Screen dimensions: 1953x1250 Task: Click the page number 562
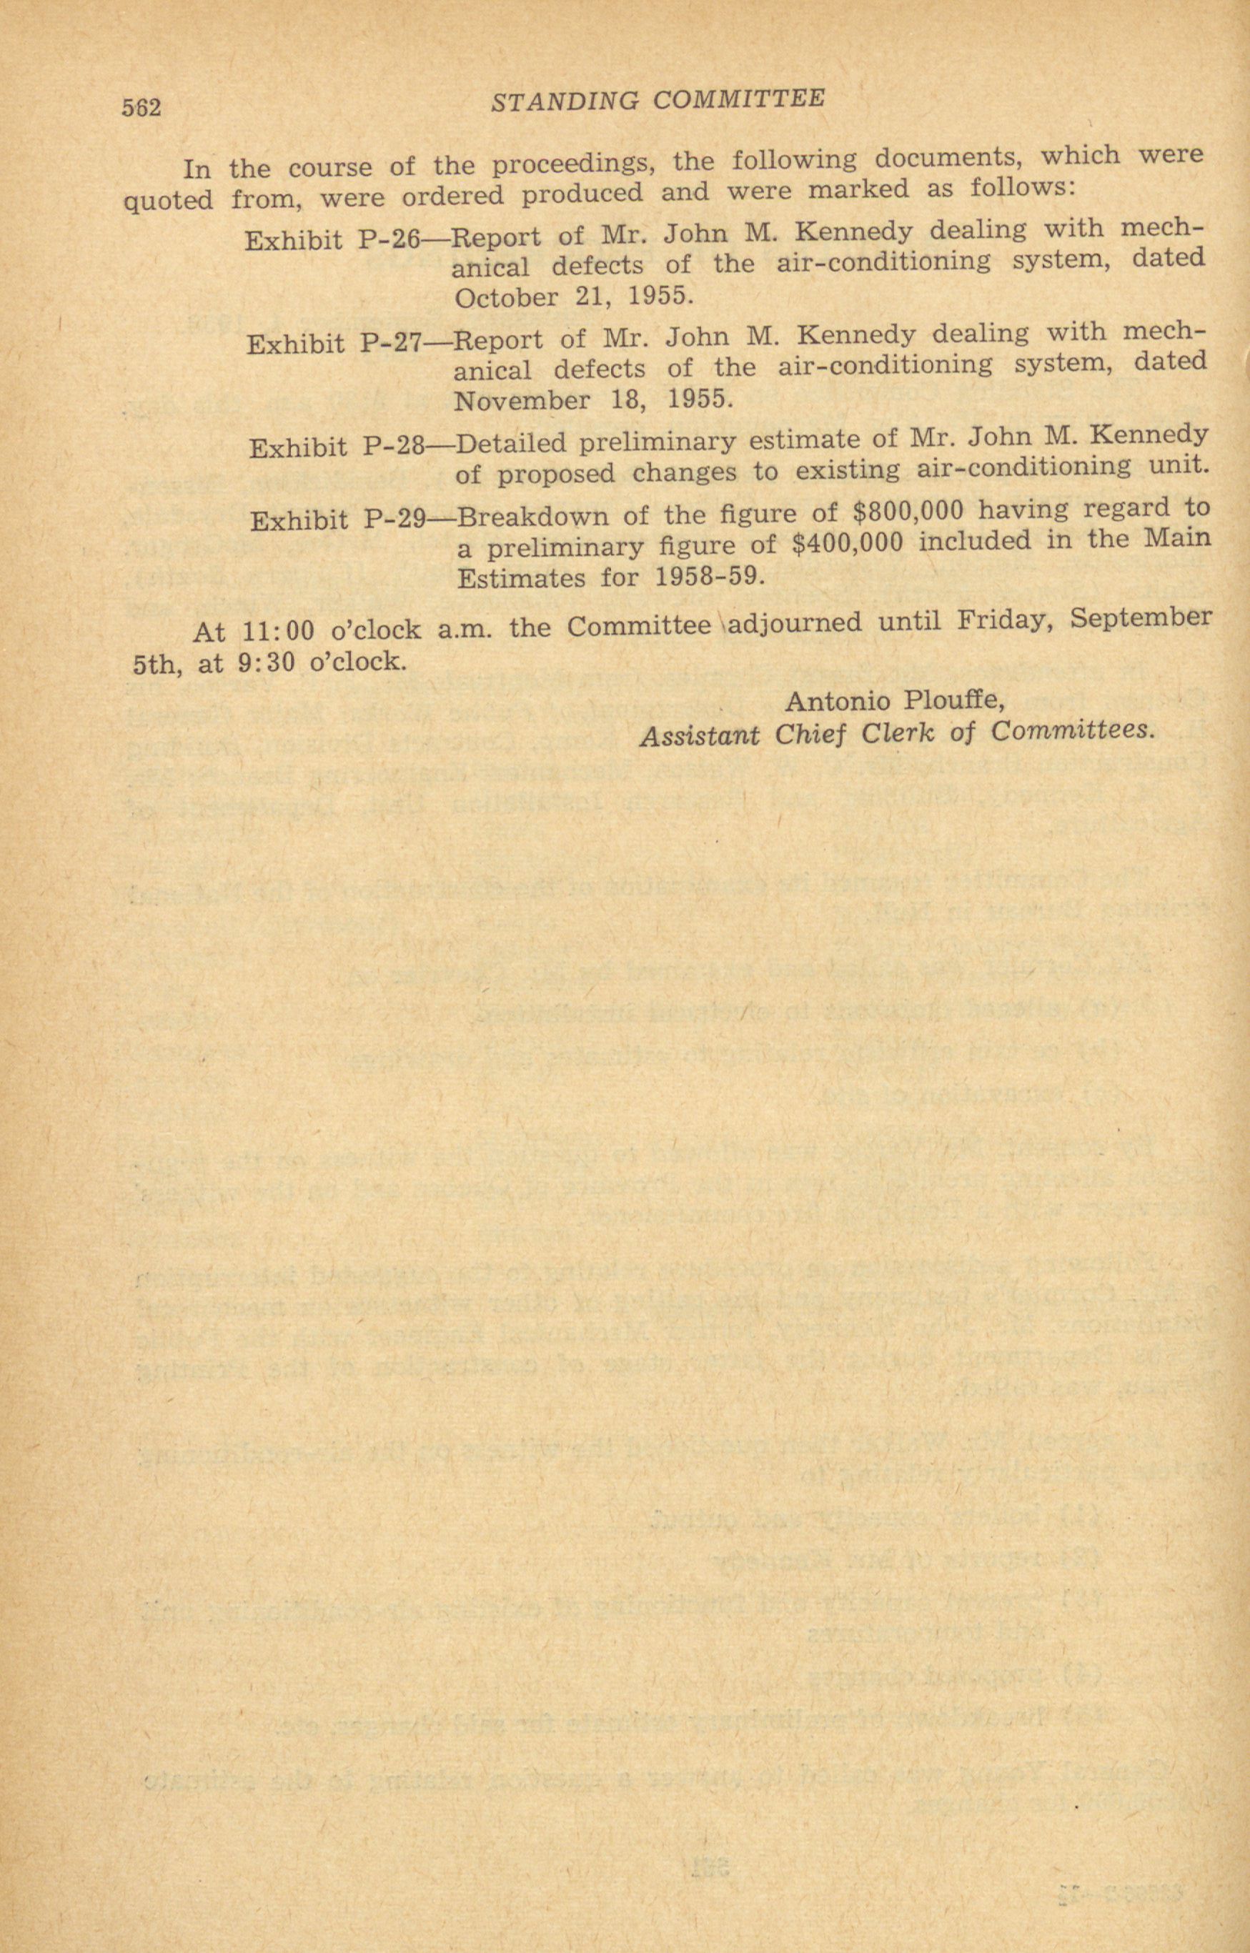142,107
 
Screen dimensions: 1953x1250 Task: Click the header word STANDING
566,101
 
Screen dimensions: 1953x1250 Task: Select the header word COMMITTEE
739,99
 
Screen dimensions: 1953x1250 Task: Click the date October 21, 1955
574,297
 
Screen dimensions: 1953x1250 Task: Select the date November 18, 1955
593,400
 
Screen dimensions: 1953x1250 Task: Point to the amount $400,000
845,544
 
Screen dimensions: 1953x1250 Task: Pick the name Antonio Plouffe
896,700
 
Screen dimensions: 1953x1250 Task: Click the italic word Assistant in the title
700,735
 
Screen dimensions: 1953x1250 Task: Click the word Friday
1005,621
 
